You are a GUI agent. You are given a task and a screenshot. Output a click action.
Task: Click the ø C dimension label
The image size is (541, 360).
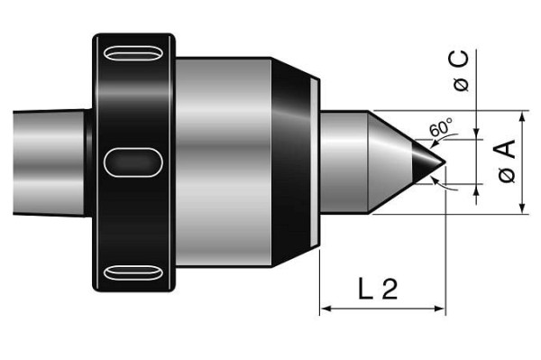[x=461, y=72]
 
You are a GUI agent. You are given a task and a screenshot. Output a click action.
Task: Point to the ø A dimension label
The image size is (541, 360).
[x=508, y=163]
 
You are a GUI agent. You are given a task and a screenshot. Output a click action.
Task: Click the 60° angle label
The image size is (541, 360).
[x=439, y=129]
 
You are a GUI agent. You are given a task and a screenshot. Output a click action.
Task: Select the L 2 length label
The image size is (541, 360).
[x=378, y=289]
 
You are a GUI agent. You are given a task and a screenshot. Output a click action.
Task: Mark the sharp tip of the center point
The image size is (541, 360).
[x=445, y=163]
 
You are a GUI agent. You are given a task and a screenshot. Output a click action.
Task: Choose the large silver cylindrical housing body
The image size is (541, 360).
[x=225, y=162]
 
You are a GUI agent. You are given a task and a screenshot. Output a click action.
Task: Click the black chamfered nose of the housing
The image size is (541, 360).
[x=293, y=162]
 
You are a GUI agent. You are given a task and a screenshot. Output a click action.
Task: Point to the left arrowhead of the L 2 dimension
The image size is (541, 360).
[x=325, y=309]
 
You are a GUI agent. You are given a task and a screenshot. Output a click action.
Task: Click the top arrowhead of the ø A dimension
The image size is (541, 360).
[x=523, y=117]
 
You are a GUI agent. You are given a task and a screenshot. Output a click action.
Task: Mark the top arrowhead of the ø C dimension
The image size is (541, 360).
[x=475, y=134]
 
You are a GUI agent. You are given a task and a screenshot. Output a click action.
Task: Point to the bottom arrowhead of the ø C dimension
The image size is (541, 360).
[x=475, y=190]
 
